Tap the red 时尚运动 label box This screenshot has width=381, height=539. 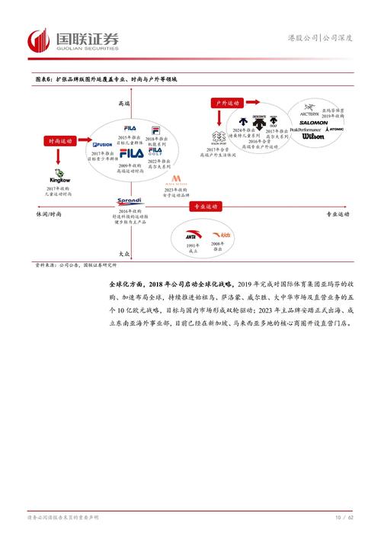(x=58, y=141)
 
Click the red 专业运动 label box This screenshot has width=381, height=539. (x=203, y=207)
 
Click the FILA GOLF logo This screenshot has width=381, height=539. (x=155, y=152)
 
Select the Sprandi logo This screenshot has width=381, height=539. (x=130, y=201)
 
